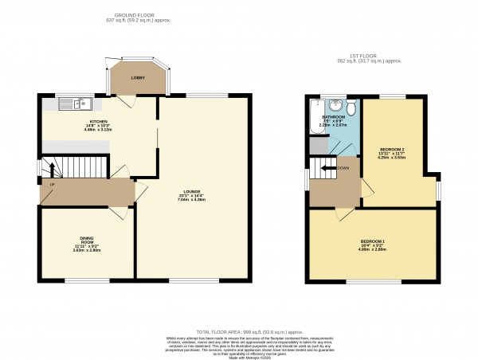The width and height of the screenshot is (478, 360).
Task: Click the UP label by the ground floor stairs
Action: point(53,185)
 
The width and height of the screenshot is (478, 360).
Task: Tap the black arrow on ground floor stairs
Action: point(54,169)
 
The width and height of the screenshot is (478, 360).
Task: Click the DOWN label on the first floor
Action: point(343,168)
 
